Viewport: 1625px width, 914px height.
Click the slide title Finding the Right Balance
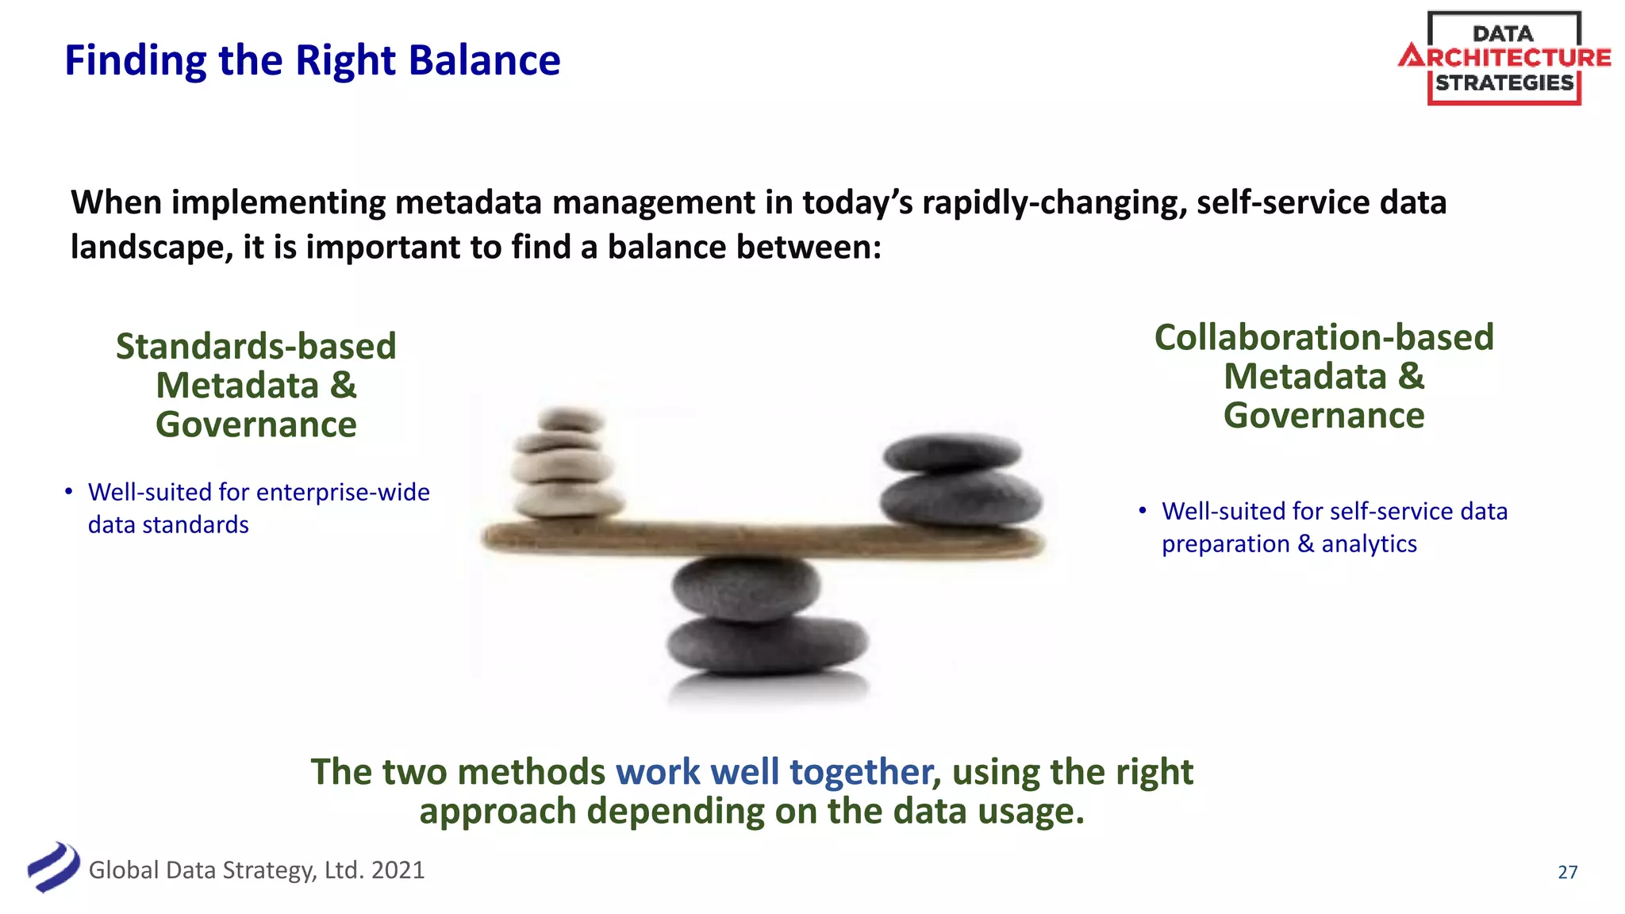click(312, 60)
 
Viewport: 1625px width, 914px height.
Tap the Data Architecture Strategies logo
click(1504, 59)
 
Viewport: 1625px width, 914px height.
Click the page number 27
click(1567, 872)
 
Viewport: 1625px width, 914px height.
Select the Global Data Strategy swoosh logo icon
click(53, 867)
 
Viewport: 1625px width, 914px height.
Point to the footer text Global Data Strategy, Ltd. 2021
click(256, 870)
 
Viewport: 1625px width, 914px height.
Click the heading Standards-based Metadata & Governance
click(255, 385)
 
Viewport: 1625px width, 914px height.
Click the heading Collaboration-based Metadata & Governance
click(1323, 376)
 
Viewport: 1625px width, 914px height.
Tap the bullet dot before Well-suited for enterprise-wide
click(69, 492)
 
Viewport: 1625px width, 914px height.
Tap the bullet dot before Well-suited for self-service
click(1143, 511)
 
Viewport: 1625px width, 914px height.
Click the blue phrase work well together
click(774, 772)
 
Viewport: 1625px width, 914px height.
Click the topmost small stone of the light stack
click(570, 418)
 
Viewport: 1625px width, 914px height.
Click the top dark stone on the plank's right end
click(951, 452)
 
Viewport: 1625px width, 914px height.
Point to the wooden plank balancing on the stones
click(762, 539)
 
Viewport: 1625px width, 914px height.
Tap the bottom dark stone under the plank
click(766, 644)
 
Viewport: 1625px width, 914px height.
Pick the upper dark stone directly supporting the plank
click(745, 587)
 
